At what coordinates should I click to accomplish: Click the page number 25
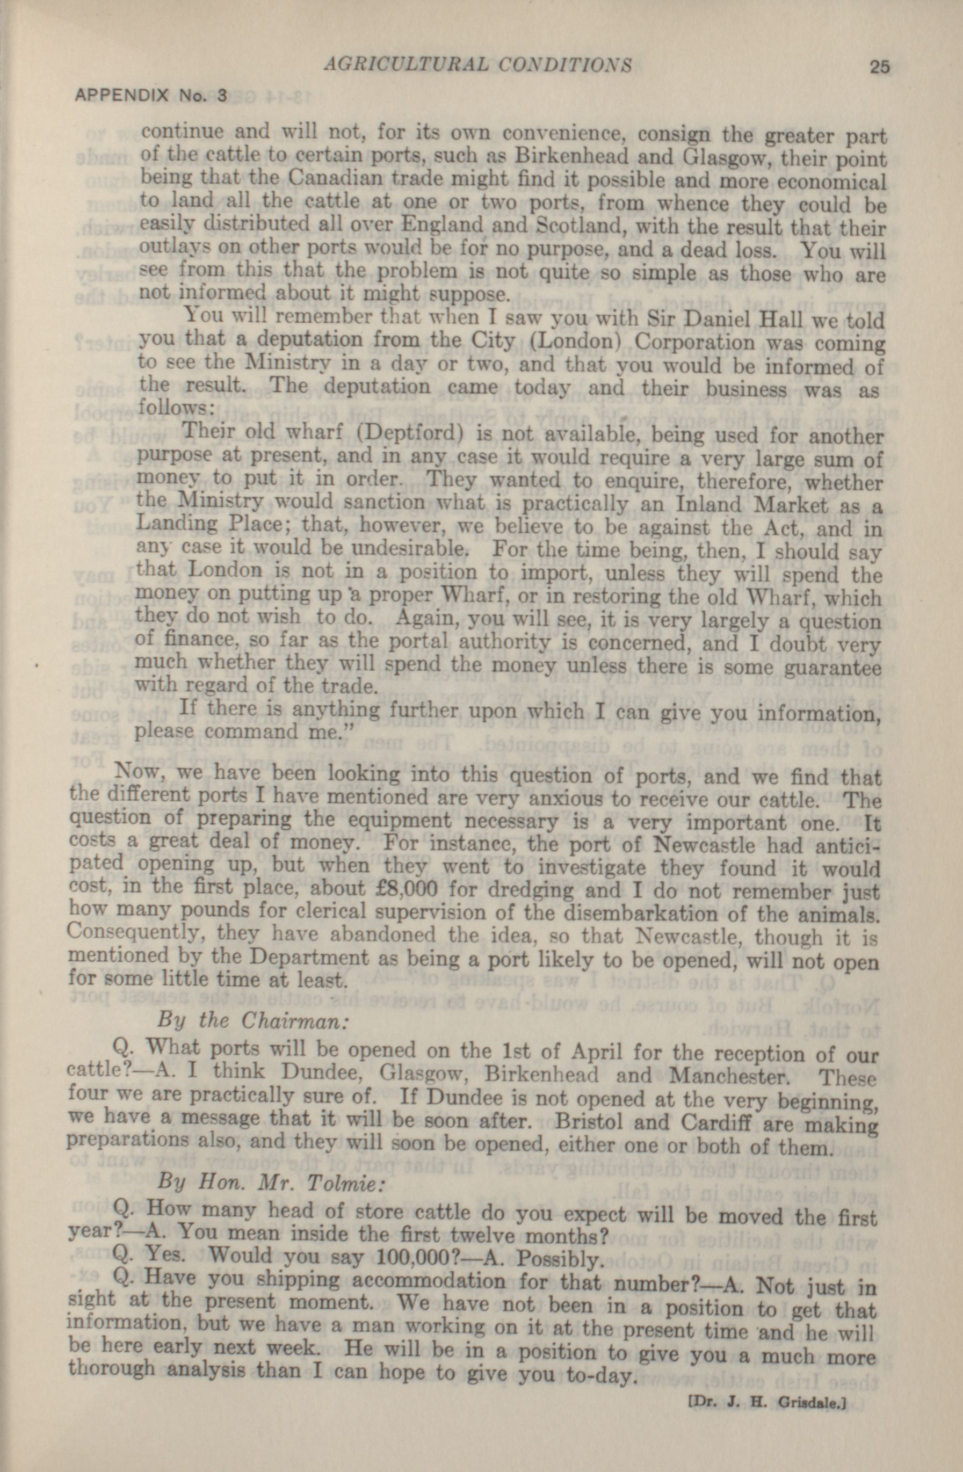(x=879, y=66)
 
